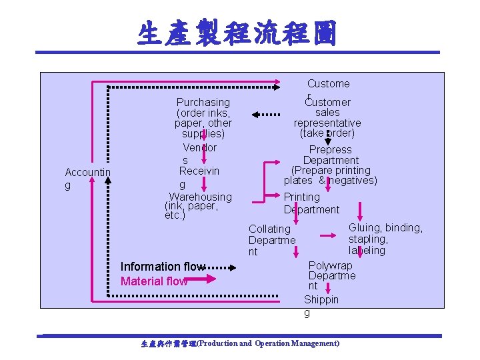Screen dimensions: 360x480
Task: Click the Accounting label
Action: pos(87,179)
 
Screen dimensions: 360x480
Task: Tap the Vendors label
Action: pos(199,154)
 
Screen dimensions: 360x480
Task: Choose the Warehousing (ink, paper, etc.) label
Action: pos(199,206)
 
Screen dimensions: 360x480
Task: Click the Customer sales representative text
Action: pos(327,117)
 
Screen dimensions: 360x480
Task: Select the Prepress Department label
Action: pos(330,165)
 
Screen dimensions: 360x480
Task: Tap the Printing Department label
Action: pos(311,203)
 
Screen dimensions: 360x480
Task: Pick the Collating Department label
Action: pos(271,240)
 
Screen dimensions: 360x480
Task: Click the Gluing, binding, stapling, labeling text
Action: pos(385,239)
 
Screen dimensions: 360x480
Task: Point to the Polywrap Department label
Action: pos(331,275)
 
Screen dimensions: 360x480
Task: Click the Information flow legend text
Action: pos(163,267)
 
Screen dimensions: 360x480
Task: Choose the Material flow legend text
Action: pos(153,281)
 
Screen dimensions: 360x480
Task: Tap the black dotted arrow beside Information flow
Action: pos(222,268)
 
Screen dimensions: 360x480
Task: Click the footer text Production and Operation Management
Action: pos(240,343)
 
